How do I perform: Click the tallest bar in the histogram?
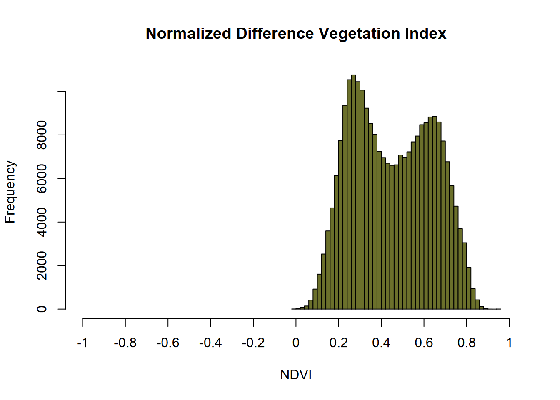tap(353, 192)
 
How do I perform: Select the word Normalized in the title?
tap(188, 33)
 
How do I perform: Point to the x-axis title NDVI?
tap(296, 375)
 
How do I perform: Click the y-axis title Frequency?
tap(10, 192)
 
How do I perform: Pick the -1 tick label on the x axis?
tap(82, 343)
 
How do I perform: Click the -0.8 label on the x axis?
tap(125, 343)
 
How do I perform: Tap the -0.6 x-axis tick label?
tap(168, 343)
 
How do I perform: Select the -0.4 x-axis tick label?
tap(210, 343)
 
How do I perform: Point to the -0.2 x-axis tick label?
tap(253, 343)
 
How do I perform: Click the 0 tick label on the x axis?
tap(296, 343)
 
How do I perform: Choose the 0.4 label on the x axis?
tap(381, 343)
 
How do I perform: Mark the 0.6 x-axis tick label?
tap(424, 343)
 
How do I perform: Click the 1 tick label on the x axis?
tap(509, 343)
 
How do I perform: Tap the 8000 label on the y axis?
tap(42, 135)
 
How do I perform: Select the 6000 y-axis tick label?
tap(42, 178)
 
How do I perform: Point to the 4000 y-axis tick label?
tap(42, 222)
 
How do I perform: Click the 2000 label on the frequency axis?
tap(42, 265)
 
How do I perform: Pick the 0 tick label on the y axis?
tap(42, 309)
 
